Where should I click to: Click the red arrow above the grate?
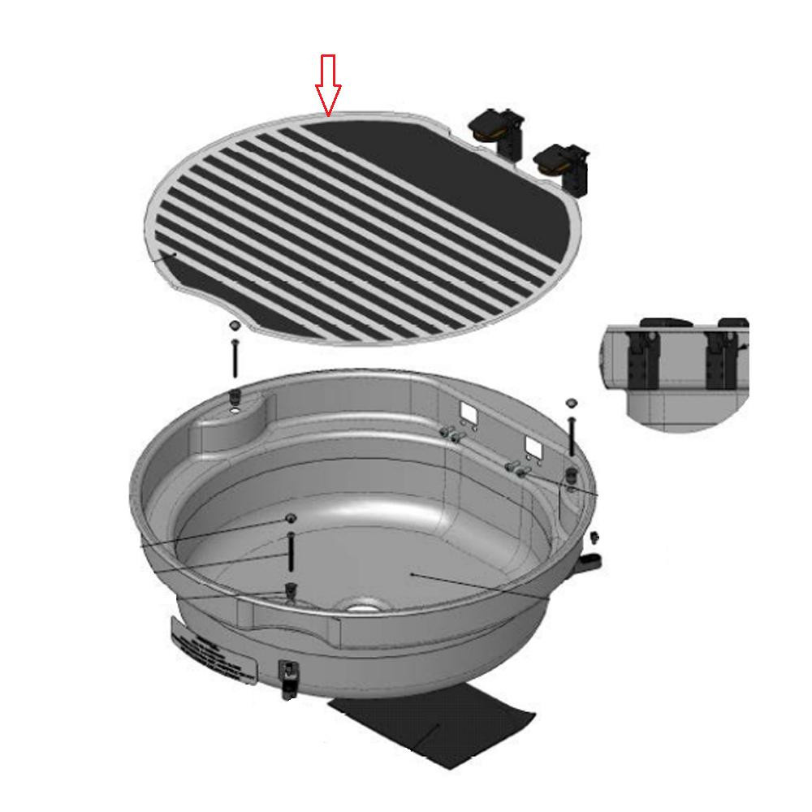tap(328, 84)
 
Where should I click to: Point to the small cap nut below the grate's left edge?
tap(234, 324)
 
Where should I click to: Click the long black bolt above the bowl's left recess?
tap(235, 358)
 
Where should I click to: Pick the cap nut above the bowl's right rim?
tap(571, 402)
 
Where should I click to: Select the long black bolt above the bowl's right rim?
tap(572, 435)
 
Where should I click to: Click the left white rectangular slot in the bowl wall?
tap(469, 412)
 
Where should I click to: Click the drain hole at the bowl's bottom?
tap(362, 605)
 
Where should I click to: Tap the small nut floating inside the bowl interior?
tap(290, 518)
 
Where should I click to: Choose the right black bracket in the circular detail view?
tap(719, 358)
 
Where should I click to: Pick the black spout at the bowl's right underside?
tap(590, 562)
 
